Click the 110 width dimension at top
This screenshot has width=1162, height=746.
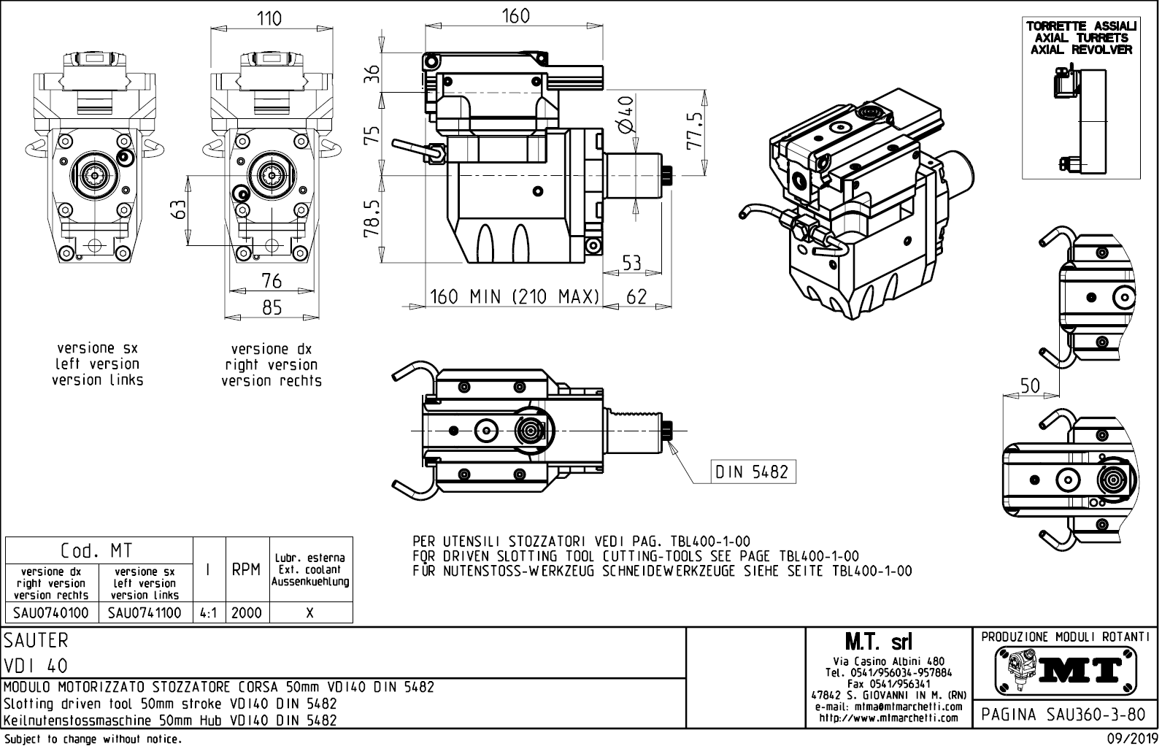tap(270, 18)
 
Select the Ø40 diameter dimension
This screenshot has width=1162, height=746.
tap(625, 115)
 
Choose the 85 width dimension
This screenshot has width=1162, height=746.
tap(272, 308)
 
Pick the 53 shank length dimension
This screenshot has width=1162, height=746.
tap(631, 263)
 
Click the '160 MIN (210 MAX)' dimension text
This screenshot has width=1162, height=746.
tap(515, 297)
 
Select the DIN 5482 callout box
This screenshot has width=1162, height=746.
tap(753, 472)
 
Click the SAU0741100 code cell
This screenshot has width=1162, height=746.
tap(145, 612)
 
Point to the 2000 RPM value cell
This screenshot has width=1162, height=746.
tap(247, 612)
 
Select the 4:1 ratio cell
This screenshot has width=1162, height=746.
tap(209, 612)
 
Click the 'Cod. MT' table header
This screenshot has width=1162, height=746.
tap(97, 550)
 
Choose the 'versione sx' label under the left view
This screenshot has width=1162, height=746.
tap(97, 348)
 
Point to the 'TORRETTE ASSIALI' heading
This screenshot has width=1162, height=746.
tap(1081, 26)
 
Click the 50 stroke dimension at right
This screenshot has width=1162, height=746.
tap(1030, 386)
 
